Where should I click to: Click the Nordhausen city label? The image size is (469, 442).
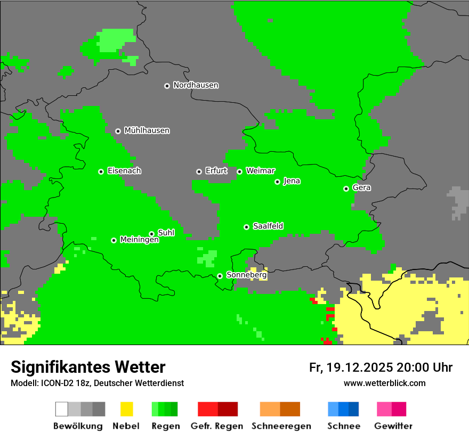pos(196,85)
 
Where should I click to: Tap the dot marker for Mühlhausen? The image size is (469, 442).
pos(118,131)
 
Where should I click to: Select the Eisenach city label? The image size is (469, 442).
pos(124,171)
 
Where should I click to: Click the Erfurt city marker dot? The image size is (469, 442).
pos(199,171)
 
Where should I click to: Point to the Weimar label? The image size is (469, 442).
pos(261,171)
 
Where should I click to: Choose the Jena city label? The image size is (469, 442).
pos(292,181)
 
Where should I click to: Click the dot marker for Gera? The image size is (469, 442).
pos(346,189)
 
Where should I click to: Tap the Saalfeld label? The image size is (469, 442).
pos(268,226)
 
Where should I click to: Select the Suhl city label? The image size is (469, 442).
pos(166,233)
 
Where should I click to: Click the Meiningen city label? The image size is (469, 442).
pos(139,240)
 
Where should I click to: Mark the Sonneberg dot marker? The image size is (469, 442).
pos(220,276)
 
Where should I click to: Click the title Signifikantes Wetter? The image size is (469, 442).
pos(88,367)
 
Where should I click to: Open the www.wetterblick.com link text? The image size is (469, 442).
pos(384,383)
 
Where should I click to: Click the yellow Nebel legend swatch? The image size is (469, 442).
pos(126,409)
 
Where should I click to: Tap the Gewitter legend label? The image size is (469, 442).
pos(393,426)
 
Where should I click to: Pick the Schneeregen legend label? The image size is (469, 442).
pos(280,426)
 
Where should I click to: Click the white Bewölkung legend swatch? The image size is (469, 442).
pos(62,409)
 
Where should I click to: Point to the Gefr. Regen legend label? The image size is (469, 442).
pos(217,426)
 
